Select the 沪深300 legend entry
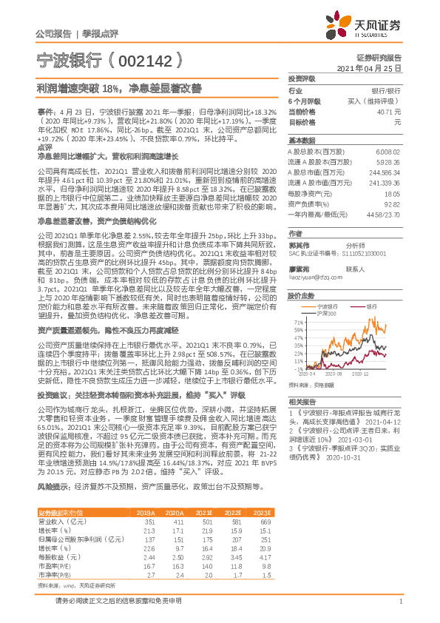(326, 313)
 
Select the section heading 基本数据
(301, 140)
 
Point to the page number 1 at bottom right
(400, 602)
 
